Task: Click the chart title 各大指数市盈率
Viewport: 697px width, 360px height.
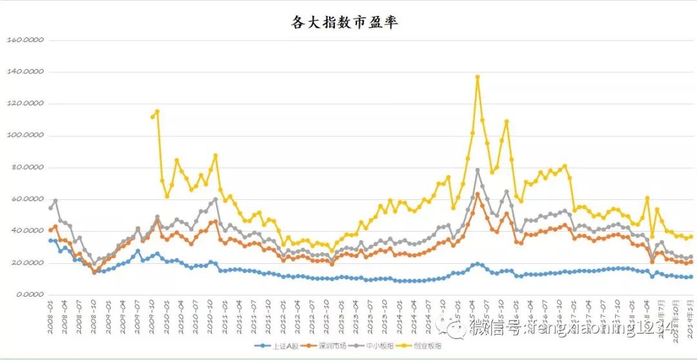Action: click(x=345, y=23)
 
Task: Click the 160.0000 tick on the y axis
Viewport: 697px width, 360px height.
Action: click(x=25, y=40)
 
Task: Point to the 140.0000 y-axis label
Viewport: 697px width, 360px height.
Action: click(x=25, y=72)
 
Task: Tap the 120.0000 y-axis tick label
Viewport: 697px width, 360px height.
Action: click(x=25, y=104)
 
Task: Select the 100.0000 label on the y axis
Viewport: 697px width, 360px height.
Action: click(x=25, y=136)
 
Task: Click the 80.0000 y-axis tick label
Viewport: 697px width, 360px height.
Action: click(x=26, y=168)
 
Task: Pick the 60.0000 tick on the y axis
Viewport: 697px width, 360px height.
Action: click(x=26, y=199)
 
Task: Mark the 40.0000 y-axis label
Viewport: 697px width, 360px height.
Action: click(x=26, y=231)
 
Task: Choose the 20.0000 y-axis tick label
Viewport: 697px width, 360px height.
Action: click(x=26, y=263)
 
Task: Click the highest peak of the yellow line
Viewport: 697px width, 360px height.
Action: click(x=478, y=77)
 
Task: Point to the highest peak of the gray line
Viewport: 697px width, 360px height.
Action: click(x=478, y=170)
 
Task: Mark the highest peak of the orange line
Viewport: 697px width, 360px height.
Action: click(x=478, y=194)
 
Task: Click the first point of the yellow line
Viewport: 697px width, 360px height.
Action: click(x=152, y=117)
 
